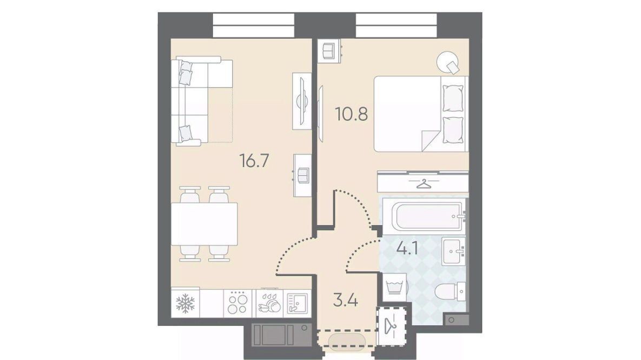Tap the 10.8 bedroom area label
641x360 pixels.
(352, 114)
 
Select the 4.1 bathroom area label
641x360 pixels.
(407, 248)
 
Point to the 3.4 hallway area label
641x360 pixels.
(346, 301)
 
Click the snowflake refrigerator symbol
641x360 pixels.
(185, 304)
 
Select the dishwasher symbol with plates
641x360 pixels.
(269, 304)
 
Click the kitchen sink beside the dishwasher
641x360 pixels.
(298, 304)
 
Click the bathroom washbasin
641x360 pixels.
(453, 252)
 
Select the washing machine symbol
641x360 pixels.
(394, 287)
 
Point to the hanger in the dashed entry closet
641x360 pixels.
(392, 326)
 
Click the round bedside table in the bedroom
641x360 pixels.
(448, 63)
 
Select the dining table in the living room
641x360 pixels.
(204, 224)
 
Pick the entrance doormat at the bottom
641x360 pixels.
(346, 341)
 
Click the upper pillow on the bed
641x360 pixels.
(453, 98)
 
